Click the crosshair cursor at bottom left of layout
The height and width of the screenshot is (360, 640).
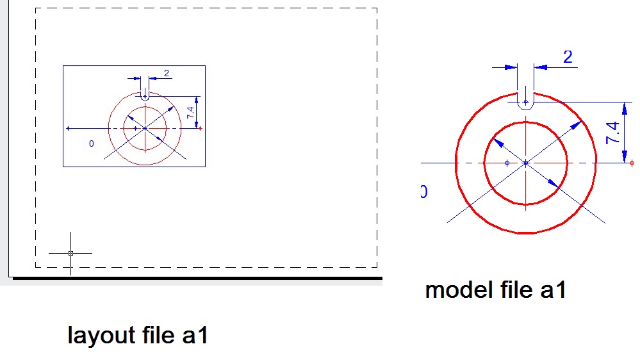point(70,253)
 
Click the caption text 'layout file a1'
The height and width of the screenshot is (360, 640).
point(138,335)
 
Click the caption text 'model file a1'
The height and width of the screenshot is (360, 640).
point(495,290)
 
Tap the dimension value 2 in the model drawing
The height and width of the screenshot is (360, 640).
point(568,57)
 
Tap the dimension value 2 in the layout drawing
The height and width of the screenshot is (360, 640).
point(167,73)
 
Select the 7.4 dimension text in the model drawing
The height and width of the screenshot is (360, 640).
point(612,133)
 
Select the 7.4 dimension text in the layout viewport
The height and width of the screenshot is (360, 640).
point(190,112)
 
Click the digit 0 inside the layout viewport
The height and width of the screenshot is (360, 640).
point(91,143)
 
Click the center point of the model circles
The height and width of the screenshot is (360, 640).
point(526,163)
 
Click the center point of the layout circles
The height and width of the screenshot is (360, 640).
point(145,128)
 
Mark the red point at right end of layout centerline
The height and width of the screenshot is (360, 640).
point(201,128)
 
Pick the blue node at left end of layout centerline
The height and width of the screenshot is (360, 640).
point(68,128)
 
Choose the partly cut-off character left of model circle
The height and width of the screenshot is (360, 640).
point(423,192)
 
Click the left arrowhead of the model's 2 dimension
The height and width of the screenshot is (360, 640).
point(511,67)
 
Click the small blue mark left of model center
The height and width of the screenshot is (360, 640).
point(507,163)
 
